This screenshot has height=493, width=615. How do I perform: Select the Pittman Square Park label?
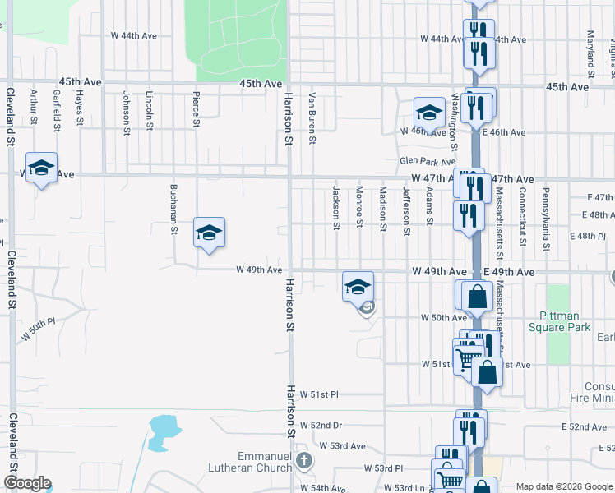coord(565,321)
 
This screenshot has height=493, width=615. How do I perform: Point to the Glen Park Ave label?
coord(428,163)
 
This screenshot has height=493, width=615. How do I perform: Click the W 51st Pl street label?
coord(320,394)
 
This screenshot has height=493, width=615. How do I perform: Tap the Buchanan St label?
coord(173,209)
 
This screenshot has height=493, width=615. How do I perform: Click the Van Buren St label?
coord(312,116)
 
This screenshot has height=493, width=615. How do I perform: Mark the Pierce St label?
coord(197,109)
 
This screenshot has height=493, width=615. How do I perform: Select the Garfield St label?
coord(57,110)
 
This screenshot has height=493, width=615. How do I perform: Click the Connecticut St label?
coord(522,214)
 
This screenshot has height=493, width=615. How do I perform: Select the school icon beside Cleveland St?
coord(41,168)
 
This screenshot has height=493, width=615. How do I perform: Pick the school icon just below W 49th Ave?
coord(358,287)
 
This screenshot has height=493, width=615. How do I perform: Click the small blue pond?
coord(164,427)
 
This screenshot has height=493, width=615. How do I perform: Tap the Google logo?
coord(27,483)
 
